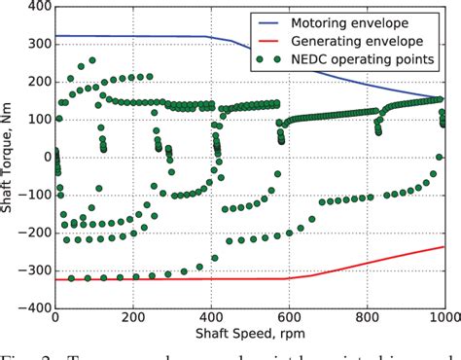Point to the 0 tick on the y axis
pyautogui.click(x=43, y=157)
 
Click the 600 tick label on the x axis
pyautogui.click(x=289, y=319)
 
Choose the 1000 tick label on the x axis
pyautogui.click(x=443, y=319)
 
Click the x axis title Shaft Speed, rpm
pyautogui.click(x=249, y=336)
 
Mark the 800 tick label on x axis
pyautogui.click(x=367, y=319)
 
